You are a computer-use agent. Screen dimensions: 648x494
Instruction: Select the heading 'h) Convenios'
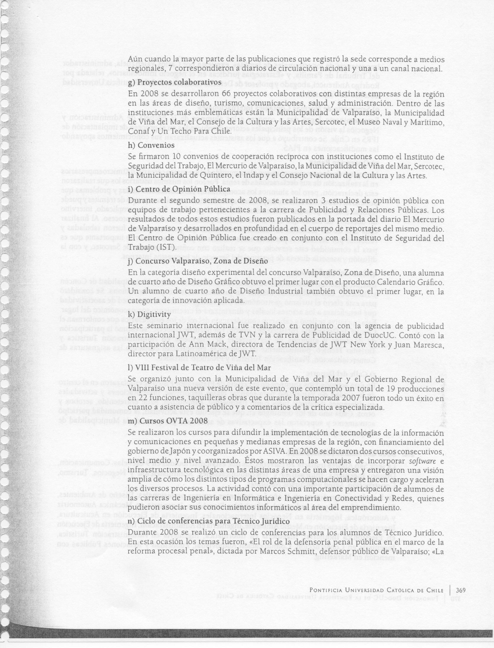coord(152,146)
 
